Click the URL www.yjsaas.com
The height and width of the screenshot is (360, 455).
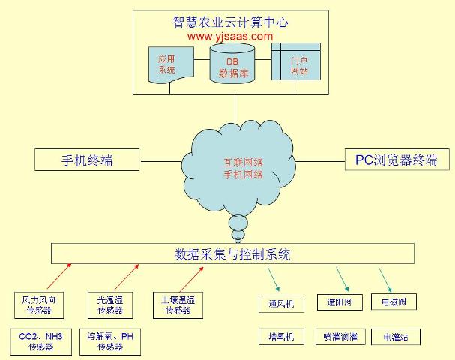click(230, 35)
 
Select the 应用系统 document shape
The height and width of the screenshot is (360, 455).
click(166, 64)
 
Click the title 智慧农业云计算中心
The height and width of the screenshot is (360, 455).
click(230, 22)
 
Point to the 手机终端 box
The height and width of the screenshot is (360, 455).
click(88, 160)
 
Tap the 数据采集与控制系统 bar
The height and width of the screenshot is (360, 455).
click(232, 253)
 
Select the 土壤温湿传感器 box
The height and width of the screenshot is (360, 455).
click(179, 304)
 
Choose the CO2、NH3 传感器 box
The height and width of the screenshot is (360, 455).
click(40, 341)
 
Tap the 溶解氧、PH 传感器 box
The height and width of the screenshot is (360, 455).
click(110, 341)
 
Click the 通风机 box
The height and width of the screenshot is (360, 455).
click(281, 304)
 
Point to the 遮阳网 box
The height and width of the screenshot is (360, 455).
click(339, 303)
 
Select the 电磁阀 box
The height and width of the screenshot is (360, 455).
click(394, 302)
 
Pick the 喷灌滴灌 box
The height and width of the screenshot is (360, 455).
click(339, 337)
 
